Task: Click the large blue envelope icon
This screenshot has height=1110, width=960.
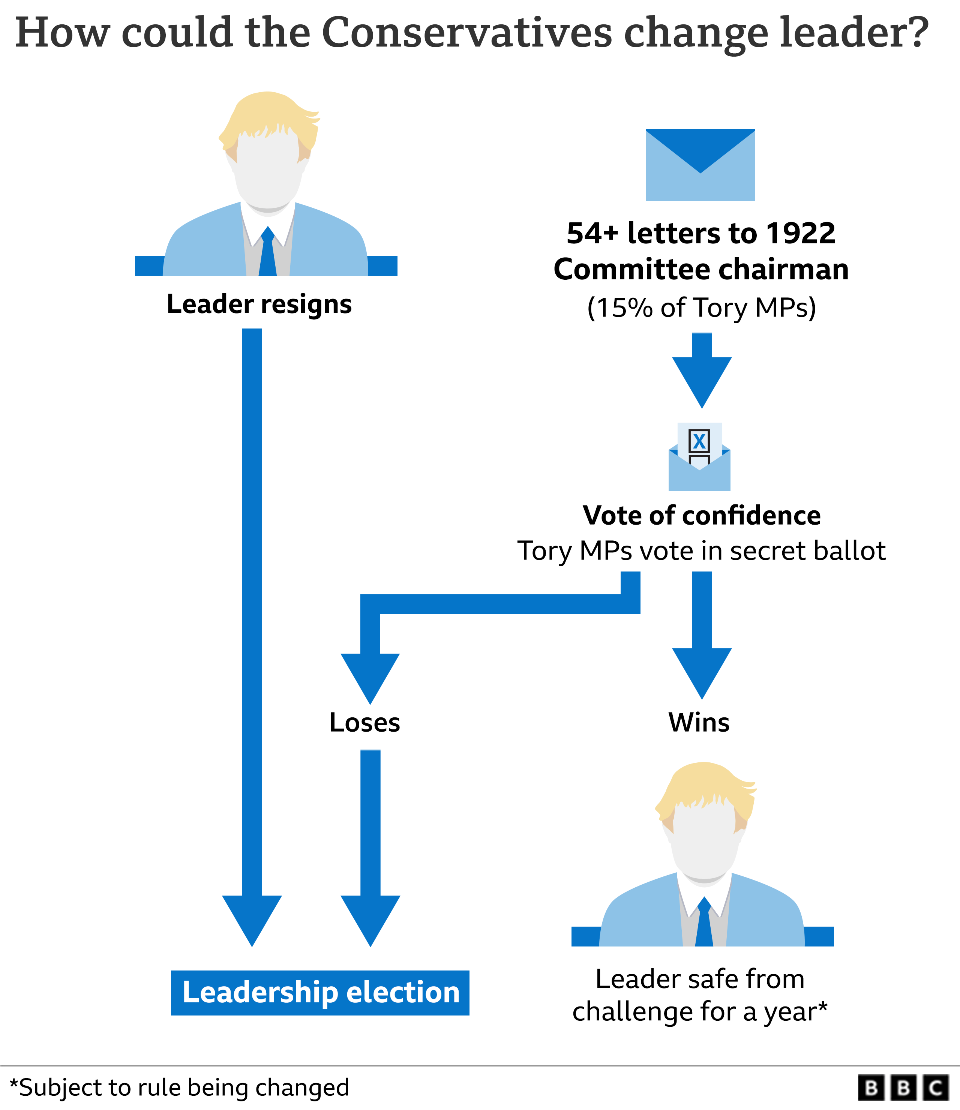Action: coord(700,165)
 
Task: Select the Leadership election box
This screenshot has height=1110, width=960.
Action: coord(320,992)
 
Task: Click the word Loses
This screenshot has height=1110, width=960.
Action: coord(364,723)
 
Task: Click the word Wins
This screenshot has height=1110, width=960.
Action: coord(699,722)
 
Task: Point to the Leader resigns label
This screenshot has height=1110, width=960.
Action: coord(259,304)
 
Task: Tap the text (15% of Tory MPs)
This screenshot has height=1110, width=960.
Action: coord(701,308)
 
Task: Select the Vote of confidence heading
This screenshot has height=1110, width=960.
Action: coord(701,515)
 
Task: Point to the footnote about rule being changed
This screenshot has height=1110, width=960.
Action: coord(180,1088)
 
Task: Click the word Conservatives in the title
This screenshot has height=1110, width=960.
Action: coord(466,33)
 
